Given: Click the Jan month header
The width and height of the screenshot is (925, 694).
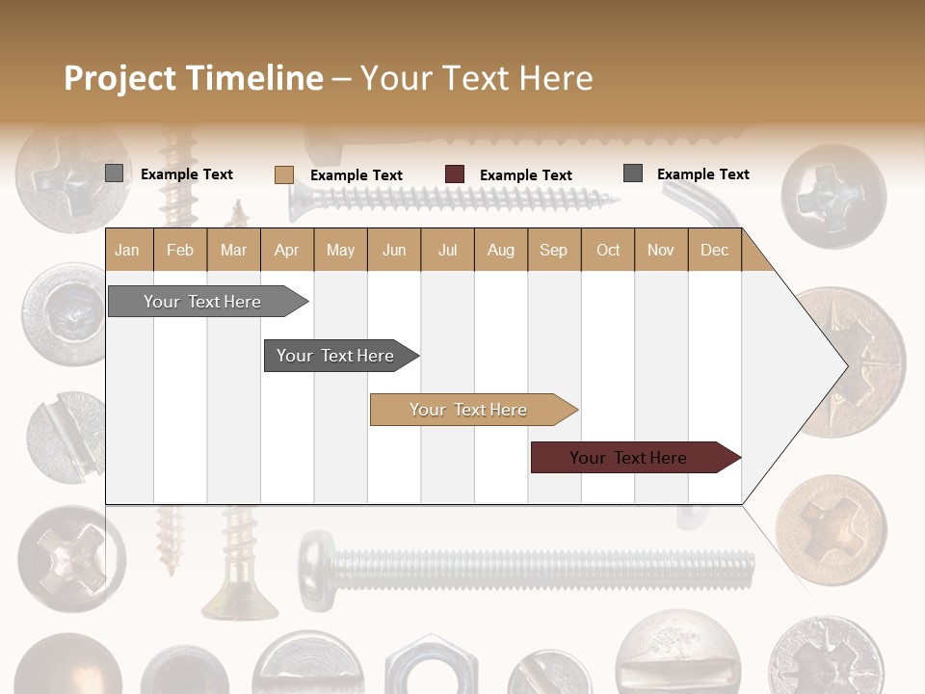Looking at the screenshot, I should click(x=127, y=251).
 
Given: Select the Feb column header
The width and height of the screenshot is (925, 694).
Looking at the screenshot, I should click(x=180, y=251).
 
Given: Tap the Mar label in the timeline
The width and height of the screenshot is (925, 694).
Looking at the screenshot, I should click(x=233, y=251).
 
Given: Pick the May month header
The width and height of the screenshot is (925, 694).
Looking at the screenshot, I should click(x=340, y=251).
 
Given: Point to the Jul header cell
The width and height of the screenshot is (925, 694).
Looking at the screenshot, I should click(x=447, y=251).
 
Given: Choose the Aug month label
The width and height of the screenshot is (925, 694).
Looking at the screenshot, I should click(x=500, y=251).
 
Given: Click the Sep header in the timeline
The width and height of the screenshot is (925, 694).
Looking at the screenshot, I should click(x=553, y=251).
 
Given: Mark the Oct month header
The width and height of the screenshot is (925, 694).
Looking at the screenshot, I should click(x=608, y=251).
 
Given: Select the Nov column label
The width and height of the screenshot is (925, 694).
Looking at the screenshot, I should click(x=660, y=251).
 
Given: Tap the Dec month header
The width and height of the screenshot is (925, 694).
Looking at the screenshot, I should click(x=714, y=251).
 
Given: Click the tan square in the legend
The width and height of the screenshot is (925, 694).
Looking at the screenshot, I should click(x=283, y=174).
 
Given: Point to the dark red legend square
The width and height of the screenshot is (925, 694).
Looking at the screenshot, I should click(x=455, y=174).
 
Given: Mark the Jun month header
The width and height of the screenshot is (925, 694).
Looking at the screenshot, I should click(x=394, y=251).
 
